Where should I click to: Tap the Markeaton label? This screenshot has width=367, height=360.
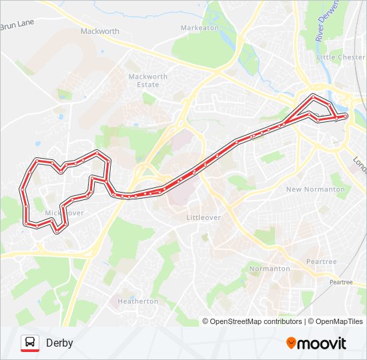199,28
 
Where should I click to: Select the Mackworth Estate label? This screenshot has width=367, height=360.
148,81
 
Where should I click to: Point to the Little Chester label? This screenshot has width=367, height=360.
341,57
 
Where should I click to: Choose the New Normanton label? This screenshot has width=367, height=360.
316,189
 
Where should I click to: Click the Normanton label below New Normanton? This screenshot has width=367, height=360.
269,269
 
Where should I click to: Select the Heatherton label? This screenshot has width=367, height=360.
138,301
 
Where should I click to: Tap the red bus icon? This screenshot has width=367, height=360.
30,343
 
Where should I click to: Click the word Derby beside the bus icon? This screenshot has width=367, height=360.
59,343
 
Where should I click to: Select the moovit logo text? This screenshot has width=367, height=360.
322,343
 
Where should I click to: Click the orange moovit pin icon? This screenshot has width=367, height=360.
291,343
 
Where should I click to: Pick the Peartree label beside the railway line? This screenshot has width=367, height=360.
341,283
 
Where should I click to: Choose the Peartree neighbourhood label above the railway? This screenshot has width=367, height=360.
321,262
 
